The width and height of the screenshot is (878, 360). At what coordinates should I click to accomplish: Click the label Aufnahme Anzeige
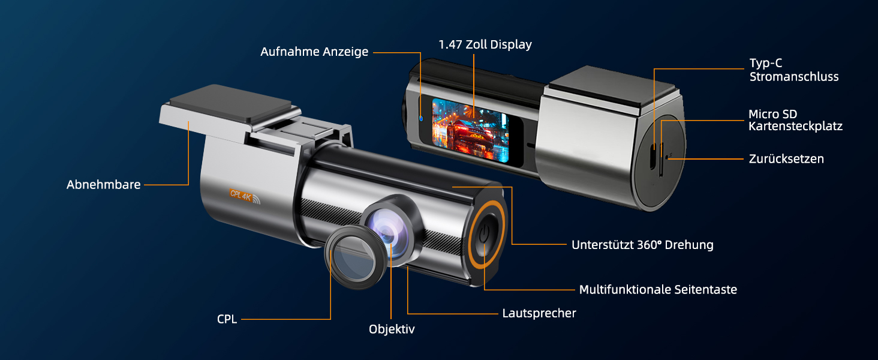tap(314, 52)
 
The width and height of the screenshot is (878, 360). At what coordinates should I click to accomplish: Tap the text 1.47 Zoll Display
tap(485, 45)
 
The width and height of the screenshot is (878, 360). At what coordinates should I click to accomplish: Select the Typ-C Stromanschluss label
tap(794, 70)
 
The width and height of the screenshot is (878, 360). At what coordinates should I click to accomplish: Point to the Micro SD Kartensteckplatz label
tap(795, 120)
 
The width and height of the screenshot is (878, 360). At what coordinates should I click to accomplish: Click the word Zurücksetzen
tap(786, 159)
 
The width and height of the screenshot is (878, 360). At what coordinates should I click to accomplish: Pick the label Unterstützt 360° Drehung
tap(642, 245)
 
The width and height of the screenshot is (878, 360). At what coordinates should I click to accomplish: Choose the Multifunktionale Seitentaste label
tap(658, 290)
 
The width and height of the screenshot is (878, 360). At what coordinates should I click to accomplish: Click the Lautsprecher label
tap(539, 313)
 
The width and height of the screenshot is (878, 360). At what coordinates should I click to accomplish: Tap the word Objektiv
tap(392, 329)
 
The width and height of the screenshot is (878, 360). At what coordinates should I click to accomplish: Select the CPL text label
tap(227, 320)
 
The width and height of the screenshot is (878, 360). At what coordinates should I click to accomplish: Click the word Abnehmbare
tap(104, 185)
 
